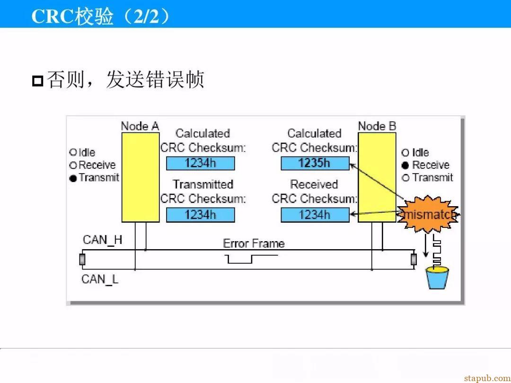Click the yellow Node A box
(141, 177)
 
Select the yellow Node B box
(377, 177)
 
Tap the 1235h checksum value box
(315, 163)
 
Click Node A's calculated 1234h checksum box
(201, 163)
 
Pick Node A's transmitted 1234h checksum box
(201, 215)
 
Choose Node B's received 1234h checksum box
(315, 215)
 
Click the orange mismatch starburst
(428, 214)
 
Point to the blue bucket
(438, 278)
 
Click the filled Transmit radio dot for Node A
(73, 178)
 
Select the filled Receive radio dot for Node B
(405, 165)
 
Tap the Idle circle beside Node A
(73, 152)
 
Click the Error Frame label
(254, 244)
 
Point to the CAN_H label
(102, 240)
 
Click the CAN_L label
(100, 279)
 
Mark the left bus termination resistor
(82, 260)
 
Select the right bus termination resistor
(414, 260)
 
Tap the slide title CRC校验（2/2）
(101, 16)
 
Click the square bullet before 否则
(38, 81)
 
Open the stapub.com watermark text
(487, 378)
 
